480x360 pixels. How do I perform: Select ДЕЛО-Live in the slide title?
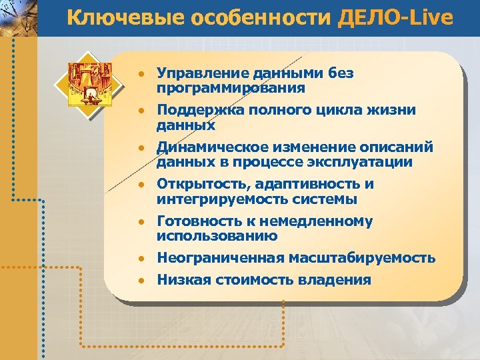pyautogui.click(x=395, y=18)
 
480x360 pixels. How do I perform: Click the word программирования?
pyautogui.click(x=231, y=88)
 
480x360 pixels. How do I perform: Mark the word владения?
pyautogui.click(x=337, y=280)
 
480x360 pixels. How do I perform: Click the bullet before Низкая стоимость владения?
pyautogui.click(x=141, y=281)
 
